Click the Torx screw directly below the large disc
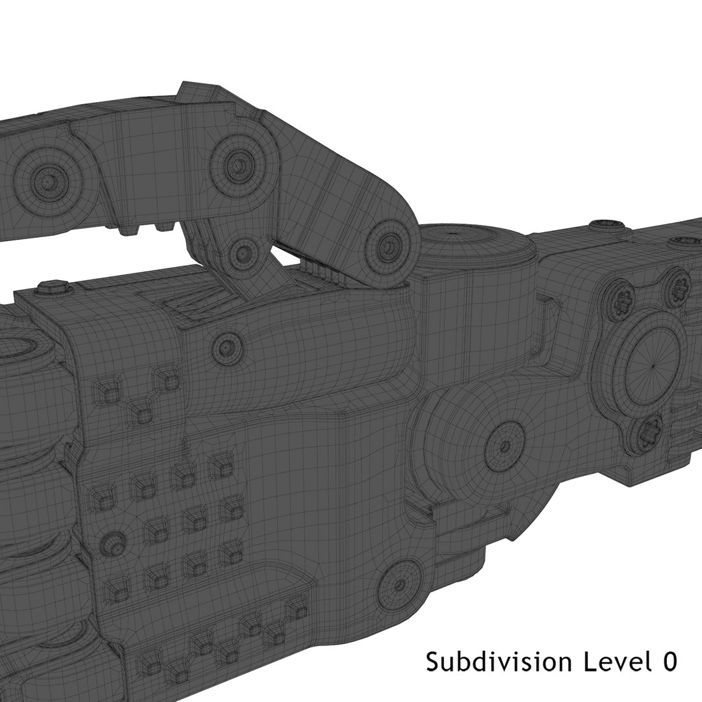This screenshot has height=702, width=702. click(x=648, y=435)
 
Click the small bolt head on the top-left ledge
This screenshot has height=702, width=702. click(x=54, y=285)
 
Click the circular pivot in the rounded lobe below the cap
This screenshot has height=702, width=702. click(x=504, y=447)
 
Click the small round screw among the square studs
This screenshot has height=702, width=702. click(x=114, y=541)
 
